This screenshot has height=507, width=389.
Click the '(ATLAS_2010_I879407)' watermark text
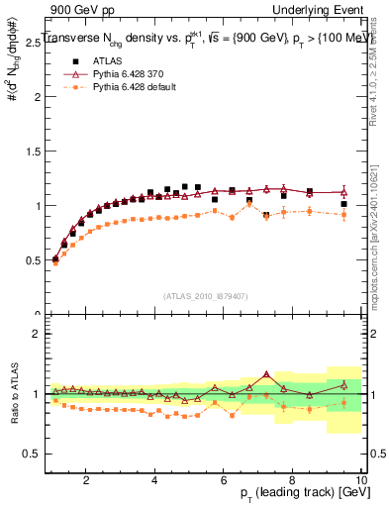[205, 294]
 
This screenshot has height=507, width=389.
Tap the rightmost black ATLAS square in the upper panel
[343, 205]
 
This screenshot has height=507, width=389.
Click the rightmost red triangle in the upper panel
[343, 192]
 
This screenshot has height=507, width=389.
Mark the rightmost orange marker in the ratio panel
[343, 402]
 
